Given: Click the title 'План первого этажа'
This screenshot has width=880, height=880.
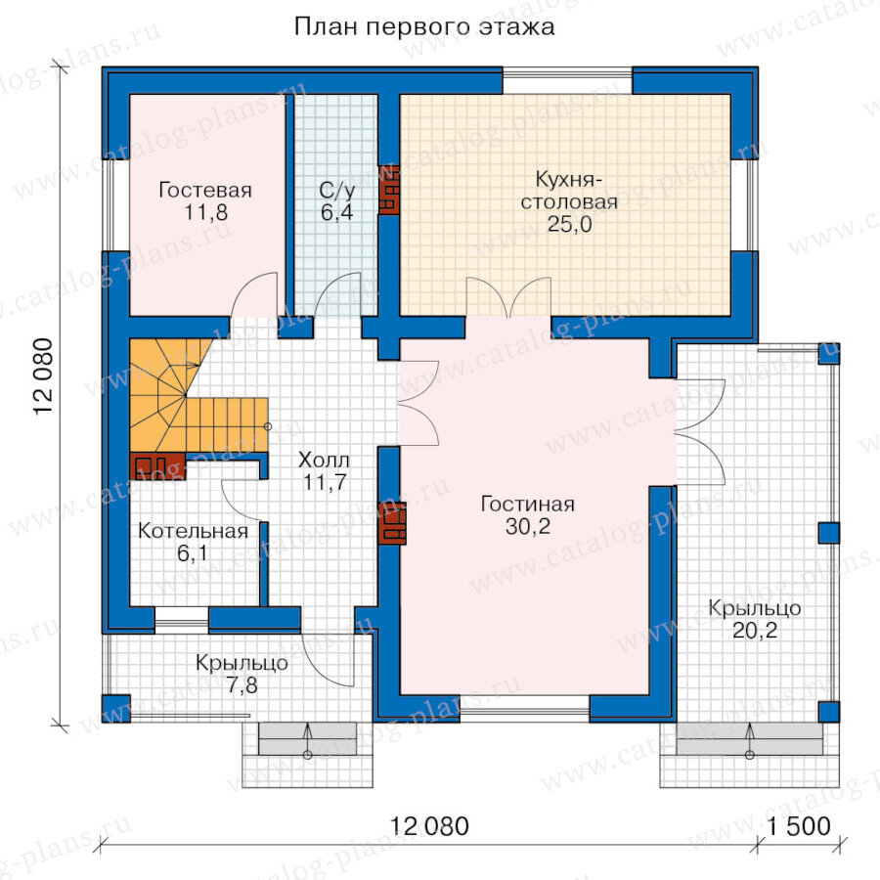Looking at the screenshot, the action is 424,26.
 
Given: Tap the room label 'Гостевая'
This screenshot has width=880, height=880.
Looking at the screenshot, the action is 205,190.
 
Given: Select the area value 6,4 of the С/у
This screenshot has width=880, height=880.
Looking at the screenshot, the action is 336,212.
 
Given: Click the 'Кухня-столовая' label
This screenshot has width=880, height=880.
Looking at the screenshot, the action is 569,191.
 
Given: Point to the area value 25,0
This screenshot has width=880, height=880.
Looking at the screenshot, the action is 570,224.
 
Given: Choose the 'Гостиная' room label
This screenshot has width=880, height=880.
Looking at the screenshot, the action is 528,504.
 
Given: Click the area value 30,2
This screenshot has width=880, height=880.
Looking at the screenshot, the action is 528,526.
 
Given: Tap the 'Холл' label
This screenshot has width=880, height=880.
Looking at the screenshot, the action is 324,460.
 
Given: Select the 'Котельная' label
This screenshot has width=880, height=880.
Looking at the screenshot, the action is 193,530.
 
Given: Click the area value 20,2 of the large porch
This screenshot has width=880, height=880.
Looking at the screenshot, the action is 755,631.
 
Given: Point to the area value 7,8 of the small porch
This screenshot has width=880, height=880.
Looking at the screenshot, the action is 242,685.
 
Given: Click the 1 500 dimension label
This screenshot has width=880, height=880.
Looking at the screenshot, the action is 799,826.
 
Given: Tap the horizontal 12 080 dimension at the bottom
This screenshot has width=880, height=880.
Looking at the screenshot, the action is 429,826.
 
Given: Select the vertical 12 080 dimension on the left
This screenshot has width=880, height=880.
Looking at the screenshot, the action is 43,376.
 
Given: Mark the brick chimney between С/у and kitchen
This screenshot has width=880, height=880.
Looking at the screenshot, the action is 389,189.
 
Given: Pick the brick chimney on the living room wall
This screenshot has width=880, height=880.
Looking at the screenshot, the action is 392,523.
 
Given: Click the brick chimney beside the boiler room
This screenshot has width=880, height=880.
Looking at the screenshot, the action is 157,466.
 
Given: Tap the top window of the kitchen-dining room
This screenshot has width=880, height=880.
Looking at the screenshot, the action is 567,81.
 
